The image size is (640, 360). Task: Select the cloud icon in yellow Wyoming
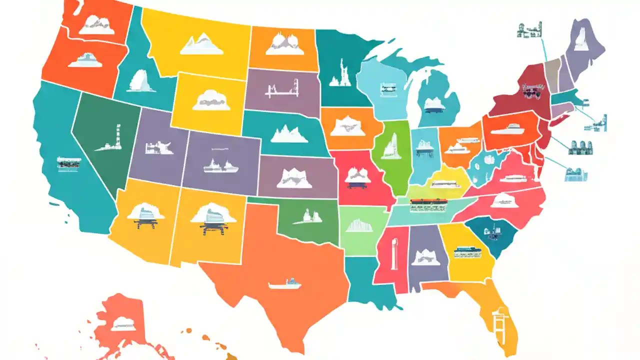tap(210, 100)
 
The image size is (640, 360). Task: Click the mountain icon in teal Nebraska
tap(289, 133)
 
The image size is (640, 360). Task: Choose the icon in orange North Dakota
tap(284, 44)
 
